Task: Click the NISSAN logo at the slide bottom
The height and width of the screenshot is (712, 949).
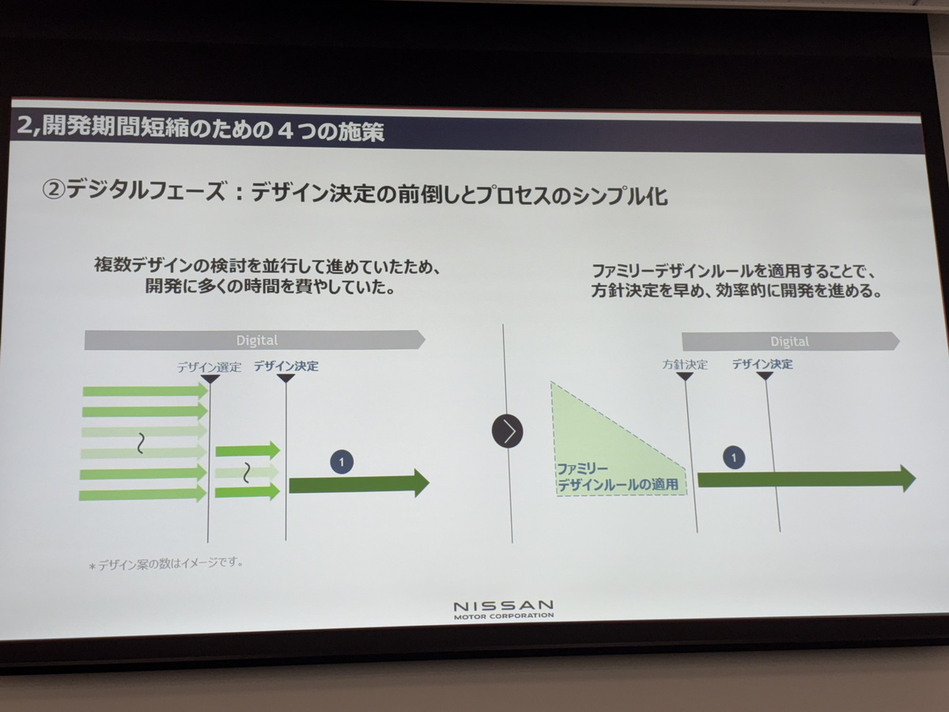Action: coord(504,609)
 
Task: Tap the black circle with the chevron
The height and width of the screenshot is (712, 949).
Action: coord(508,431)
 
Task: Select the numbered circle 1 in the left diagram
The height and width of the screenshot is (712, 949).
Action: coord(342,462)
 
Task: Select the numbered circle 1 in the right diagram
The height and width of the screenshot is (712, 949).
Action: coord(733,457)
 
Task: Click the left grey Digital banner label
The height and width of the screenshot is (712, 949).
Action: coord(257,341)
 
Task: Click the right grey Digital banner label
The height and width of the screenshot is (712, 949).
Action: coord(789,342)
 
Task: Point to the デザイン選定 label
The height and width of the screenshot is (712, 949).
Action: coord(210,367)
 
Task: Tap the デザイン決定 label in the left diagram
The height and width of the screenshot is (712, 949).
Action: coord(286,366)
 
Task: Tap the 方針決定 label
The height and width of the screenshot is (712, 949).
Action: coord(685,365)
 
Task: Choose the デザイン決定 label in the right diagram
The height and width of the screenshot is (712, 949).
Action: coord(762,364)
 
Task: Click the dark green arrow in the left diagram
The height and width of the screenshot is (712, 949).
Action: coord(359,483)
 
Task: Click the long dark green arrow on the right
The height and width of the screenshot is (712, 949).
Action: coord(807,479)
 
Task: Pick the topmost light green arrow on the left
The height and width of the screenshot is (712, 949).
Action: coord(146,392)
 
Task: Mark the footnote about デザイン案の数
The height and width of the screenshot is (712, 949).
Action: coord(165,564)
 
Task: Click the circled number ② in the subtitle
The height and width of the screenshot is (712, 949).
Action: coord(54,190)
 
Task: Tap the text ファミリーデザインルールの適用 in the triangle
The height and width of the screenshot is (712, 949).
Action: coord(618,477)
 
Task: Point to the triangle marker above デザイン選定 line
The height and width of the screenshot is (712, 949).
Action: coord(210,379)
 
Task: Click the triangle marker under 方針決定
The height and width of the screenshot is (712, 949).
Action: coord(685,377)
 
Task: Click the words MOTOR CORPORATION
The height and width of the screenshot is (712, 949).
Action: coord(504,616)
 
